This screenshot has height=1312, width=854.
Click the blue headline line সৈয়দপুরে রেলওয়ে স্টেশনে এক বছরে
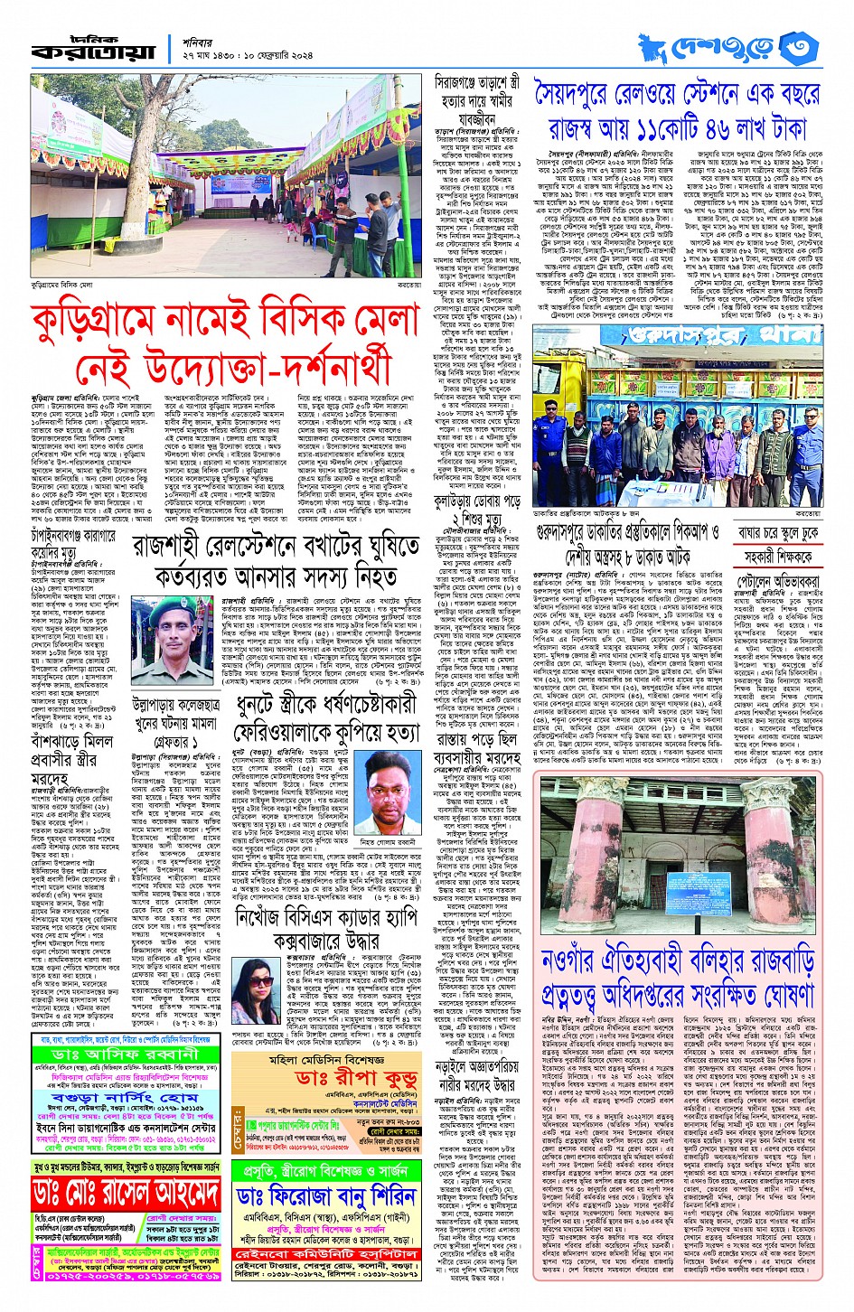679,95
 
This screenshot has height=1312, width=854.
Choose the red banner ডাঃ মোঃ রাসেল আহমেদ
125,1194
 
